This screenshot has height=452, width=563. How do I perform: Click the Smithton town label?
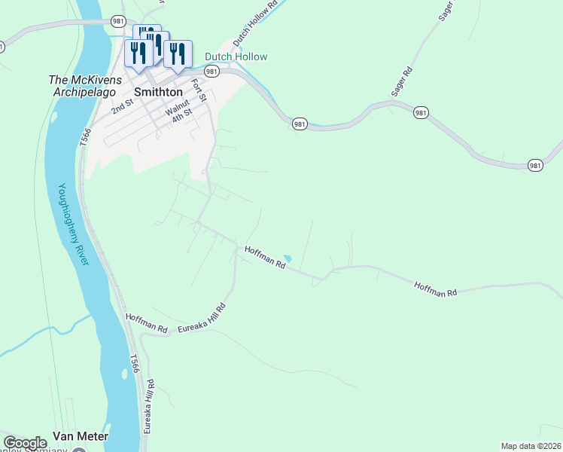158,92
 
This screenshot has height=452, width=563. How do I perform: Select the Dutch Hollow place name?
236,56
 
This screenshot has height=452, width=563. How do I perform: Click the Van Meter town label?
81,436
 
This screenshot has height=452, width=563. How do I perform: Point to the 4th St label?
182,115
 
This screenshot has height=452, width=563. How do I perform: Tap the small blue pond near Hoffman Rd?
287,258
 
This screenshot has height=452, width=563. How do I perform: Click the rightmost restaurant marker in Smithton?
178,53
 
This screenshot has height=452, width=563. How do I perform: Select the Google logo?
25,443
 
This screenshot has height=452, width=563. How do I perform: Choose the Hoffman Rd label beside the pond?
265,256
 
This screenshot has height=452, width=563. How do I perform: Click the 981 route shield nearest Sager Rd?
421,112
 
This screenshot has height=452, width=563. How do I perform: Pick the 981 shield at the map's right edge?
535,166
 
